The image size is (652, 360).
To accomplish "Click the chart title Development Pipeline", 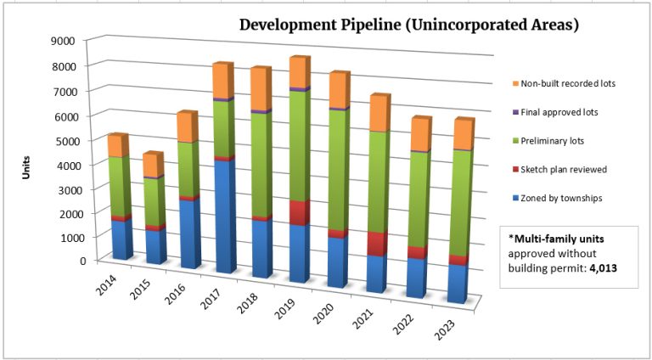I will pos(409,25).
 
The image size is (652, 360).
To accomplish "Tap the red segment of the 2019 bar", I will pos(299,213).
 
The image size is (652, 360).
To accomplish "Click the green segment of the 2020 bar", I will pos(337,170).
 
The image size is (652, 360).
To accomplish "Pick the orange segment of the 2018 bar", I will pos(260,90).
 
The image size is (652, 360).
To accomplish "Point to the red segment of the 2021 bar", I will pos(376,243).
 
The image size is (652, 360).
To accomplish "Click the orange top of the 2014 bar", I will pos(117,146).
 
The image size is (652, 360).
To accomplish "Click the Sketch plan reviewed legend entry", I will pos(564,169).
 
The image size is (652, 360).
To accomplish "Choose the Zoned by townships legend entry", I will pos(562,198).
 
